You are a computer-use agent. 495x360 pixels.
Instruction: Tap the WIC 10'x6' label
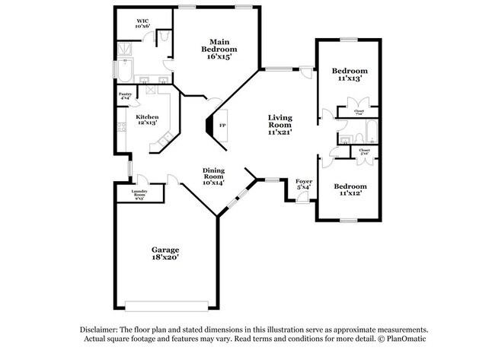point(142,23)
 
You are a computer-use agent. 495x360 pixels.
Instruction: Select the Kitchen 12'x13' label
point(147,119)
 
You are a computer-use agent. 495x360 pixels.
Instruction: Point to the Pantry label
point(125,96)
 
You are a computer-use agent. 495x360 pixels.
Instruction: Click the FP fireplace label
point(222,124)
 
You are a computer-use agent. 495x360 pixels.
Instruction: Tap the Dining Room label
point(212,175)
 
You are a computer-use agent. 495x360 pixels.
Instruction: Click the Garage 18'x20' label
point(164,253)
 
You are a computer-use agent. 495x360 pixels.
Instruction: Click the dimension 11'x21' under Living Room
point(279,132)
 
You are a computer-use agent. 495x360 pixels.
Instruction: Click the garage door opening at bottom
point(164,306)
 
